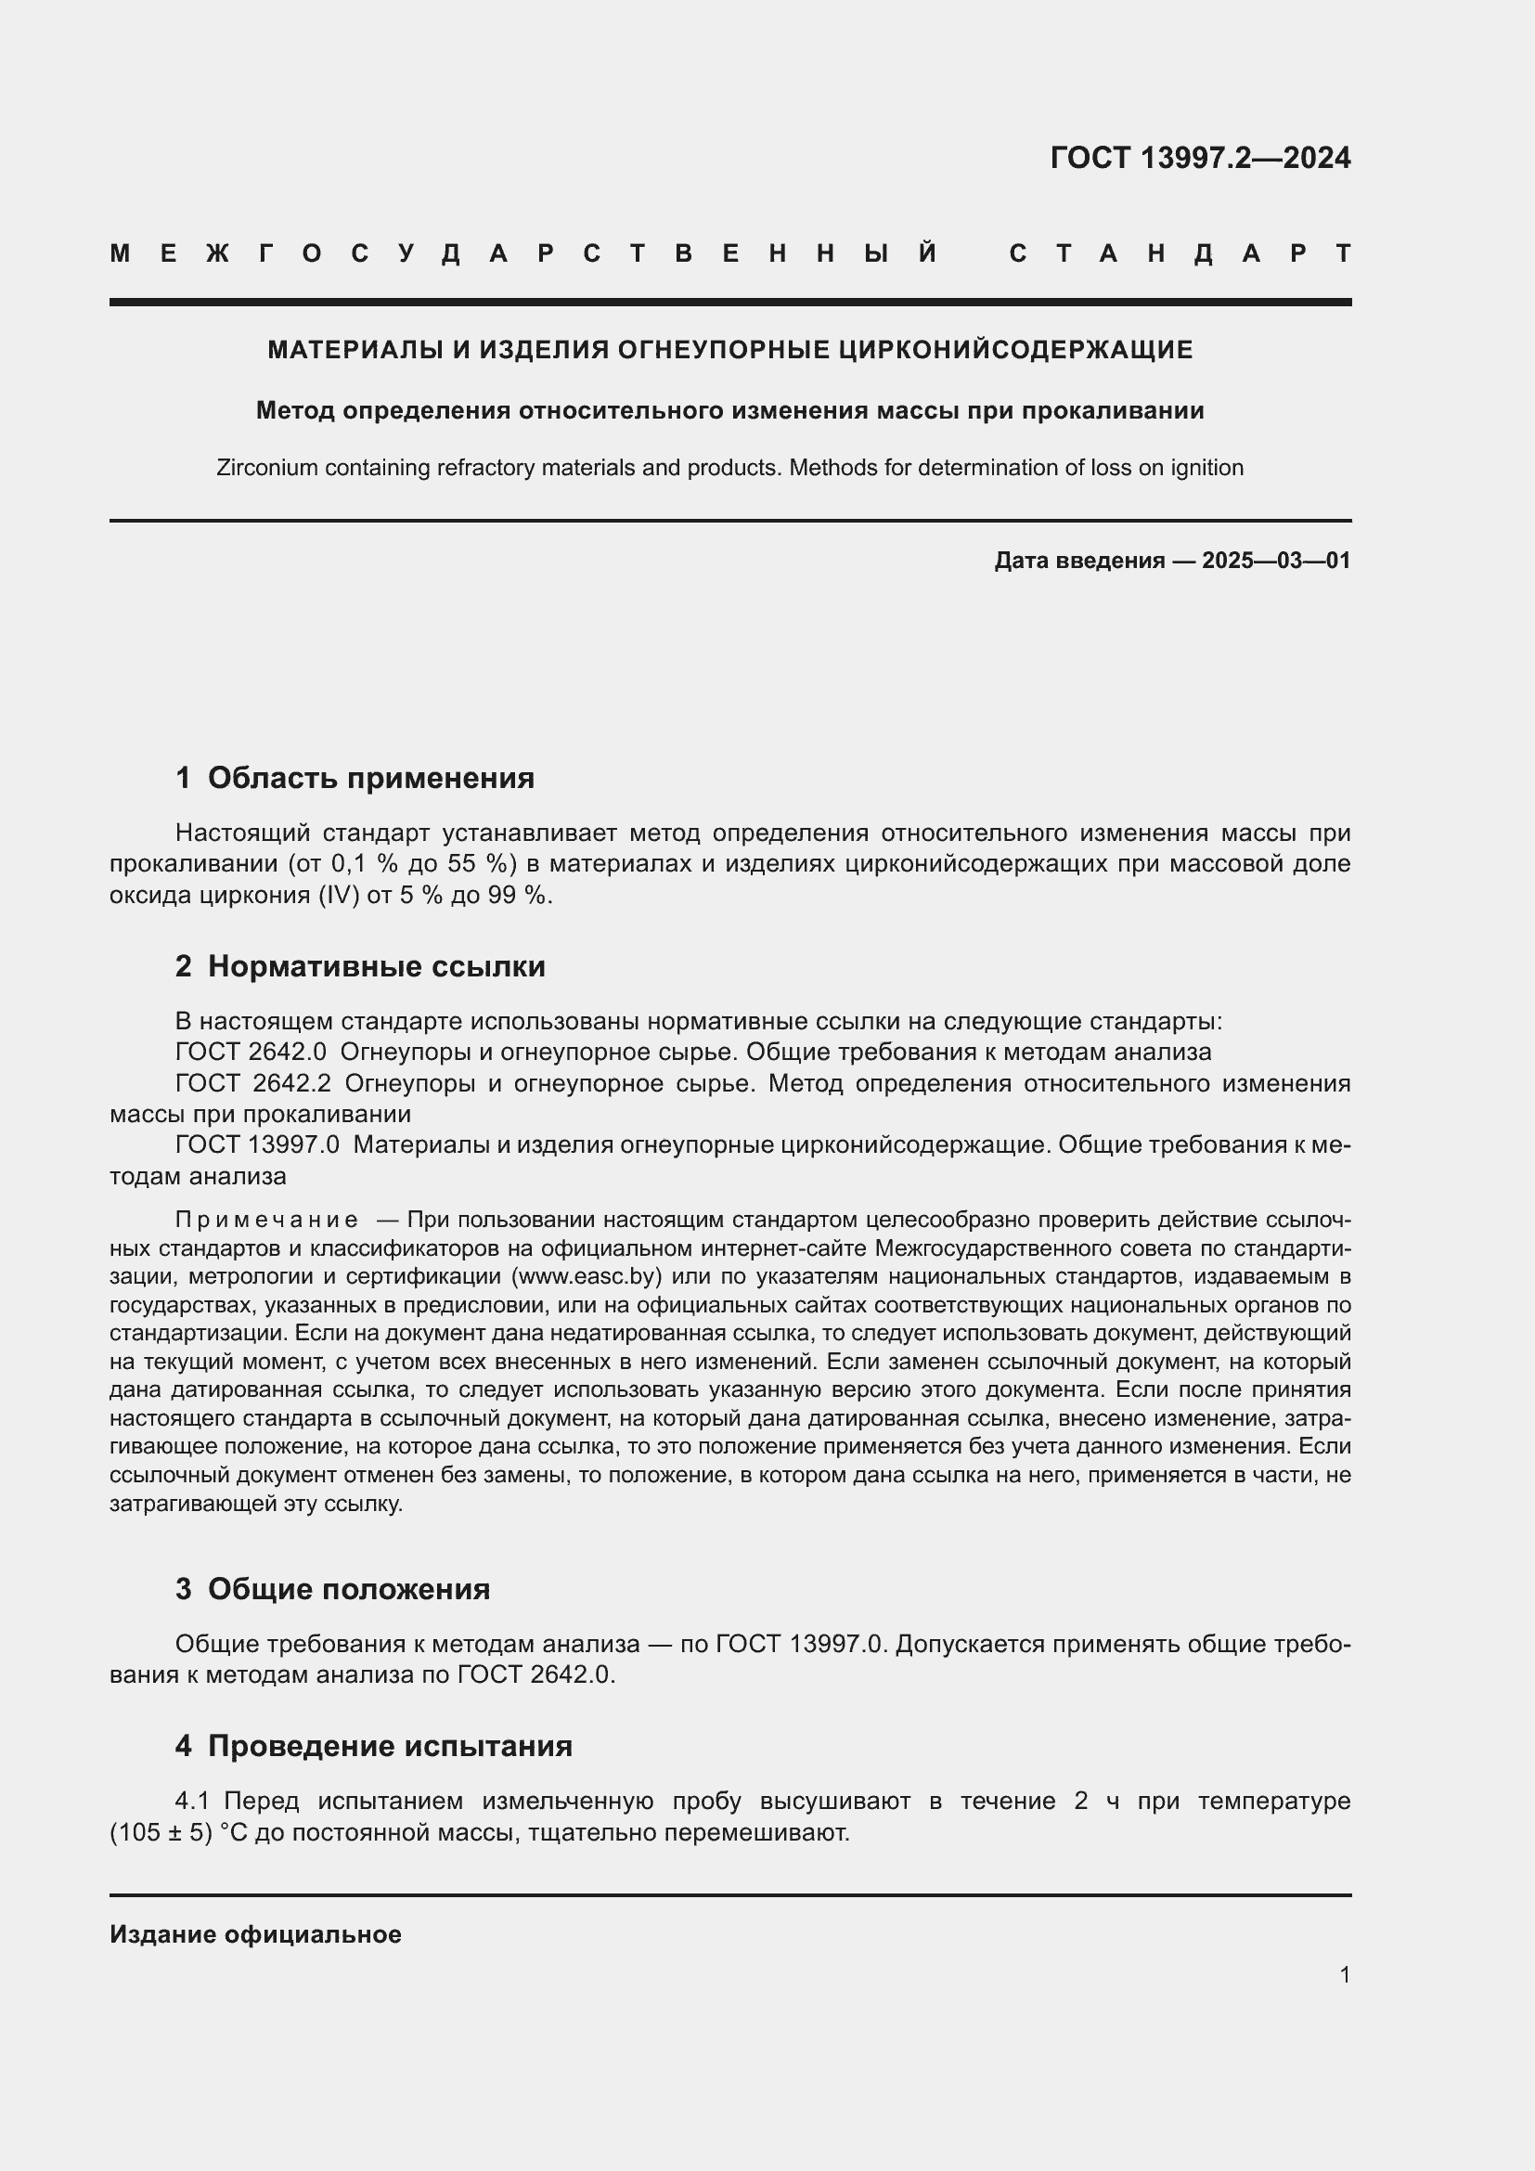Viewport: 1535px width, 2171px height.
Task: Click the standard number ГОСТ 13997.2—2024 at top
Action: (x=1199, y=158)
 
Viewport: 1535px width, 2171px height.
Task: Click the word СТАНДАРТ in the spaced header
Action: (x=1180, y=253)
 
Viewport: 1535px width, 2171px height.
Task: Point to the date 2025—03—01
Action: (x=1275, y=561)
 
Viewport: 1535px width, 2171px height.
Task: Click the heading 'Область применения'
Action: (x=370, y=778)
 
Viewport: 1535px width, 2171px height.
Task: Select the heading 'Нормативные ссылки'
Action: (x=376, y=966)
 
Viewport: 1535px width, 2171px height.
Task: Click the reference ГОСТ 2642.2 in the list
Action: (x=252, y=1083)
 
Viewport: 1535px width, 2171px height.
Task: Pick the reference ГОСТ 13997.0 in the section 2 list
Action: (x=257, y=1145)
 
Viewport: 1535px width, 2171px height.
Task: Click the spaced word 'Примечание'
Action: (x=266, y=1221)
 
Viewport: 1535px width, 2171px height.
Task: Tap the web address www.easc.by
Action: (x=585, y=1277)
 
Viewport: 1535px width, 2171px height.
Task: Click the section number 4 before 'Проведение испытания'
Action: (x=184, y=1747)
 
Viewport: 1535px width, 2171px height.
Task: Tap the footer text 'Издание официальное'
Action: (x=255, y=1934)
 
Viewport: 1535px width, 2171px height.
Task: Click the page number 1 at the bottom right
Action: (x=1344, y=1974)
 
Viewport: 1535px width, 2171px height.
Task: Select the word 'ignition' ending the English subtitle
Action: (x=1206, y=468)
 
